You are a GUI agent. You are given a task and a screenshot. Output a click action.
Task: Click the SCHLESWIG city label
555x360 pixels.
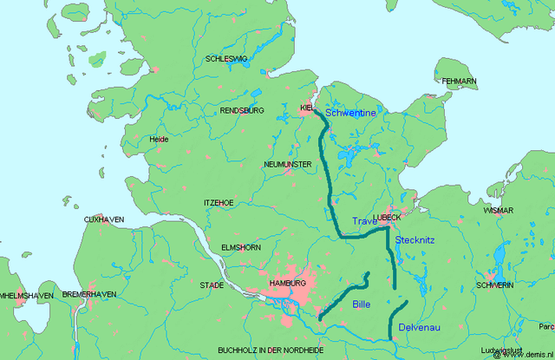click(225, 59)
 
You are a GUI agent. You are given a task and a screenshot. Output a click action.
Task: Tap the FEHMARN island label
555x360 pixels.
click(460, 82)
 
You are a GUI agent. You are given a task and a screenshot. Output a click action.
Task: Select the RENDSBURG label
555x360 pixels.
click(243, 112)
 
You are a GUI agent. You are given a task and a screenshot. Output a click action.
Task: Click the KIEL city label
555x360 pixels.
click(306, 108)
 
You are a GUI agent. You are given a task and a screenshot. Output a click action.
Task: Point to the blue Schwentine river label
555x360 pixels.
click(350, 113)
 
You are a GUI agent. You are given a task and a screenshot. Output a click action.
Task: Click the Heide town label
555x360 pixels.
click(159, 139)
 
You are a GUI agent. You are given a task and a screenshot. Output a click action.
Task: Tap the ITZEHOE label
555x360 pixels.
click(219, 202)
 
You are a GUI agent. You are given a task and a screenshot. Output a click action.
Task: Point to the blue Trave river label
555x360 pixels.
click(365, 222)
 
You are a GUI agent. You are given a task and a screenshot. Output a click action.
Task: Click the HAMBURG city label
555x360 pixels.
click(287, 284)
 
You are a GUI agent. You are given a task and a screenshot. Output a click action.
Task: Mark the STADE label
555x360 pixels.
click(212, 285)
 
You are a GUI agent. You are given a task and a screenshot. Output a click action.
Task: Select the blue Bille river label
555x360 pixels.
click(361, 304)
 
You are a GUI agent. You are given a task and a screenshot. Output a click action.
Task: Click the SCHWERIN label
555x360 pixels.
click(494, 285)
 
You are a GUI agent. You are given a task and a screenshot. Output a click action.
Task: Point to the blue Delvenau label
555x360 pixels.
click(420, 327)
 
